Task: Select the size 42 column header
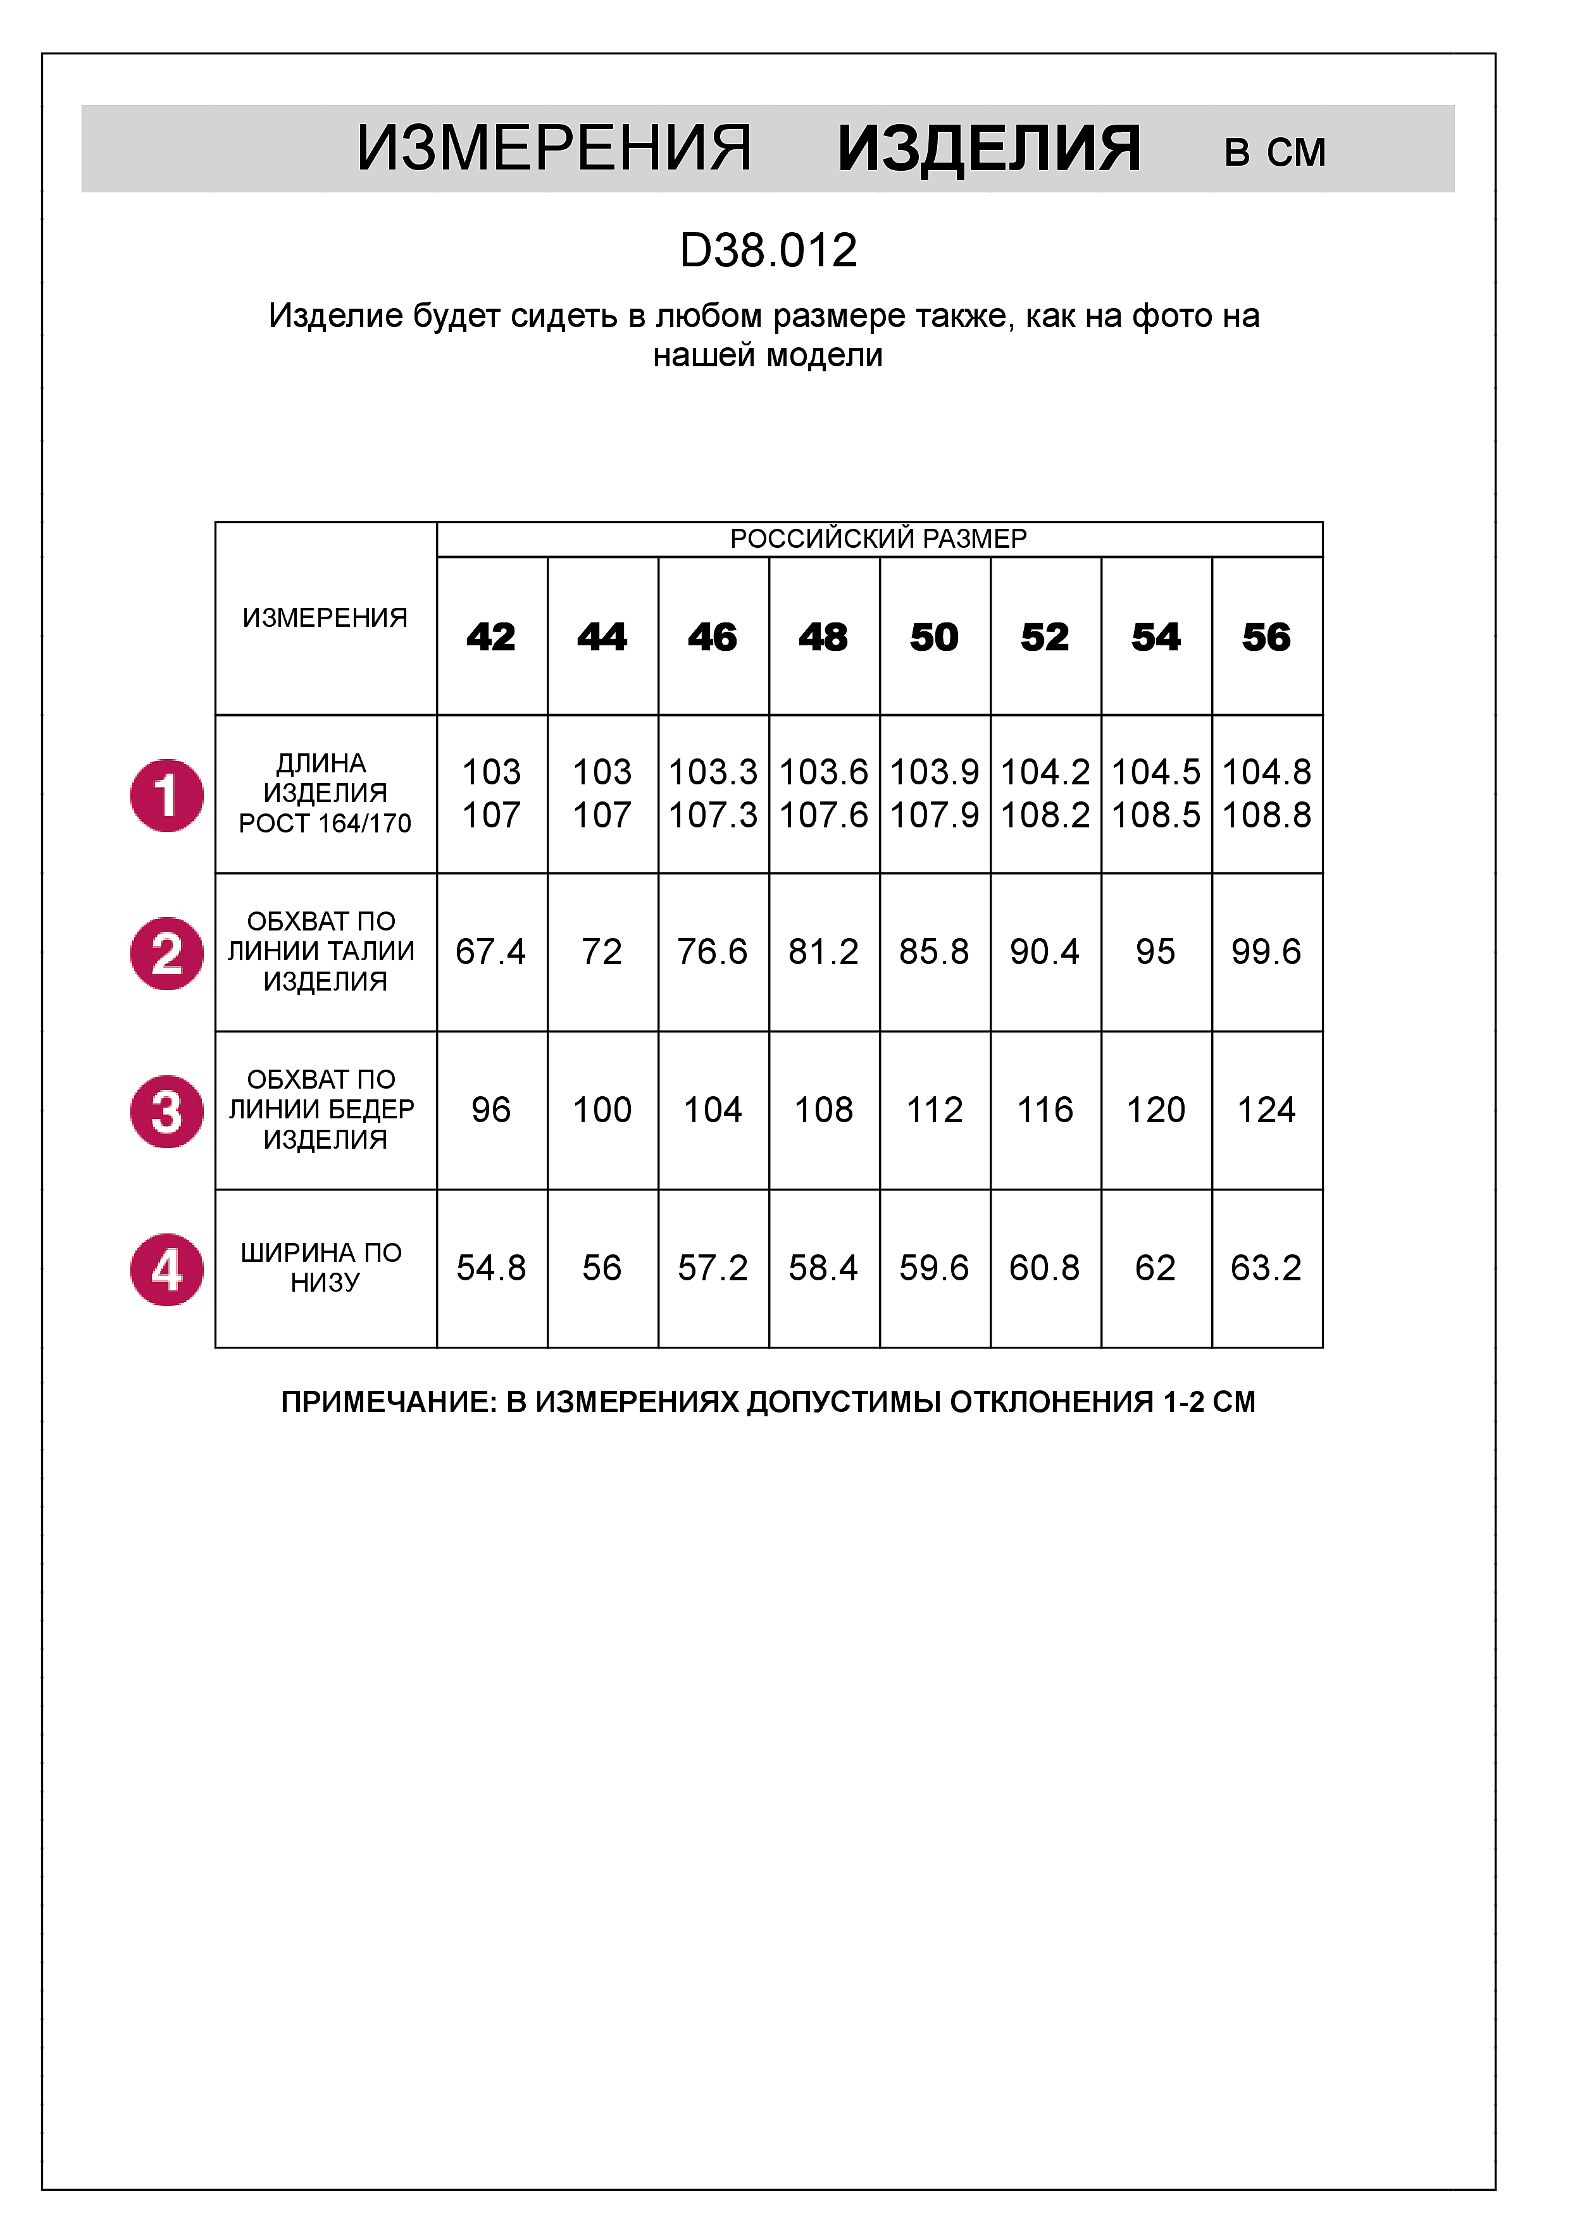(491, 637)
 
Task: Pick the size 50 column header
(934, 637)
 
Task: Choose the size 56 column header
(1266, 637)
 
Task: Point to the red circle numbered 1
(167, 795)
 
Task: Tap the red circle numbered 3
(167, 1111)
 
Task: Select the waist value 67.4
(491, 952)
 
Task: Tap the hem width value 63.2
(1266, 1268)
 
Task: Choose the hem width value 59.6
(934, 1268)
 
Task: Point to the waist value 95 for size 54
(1156, 952)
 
